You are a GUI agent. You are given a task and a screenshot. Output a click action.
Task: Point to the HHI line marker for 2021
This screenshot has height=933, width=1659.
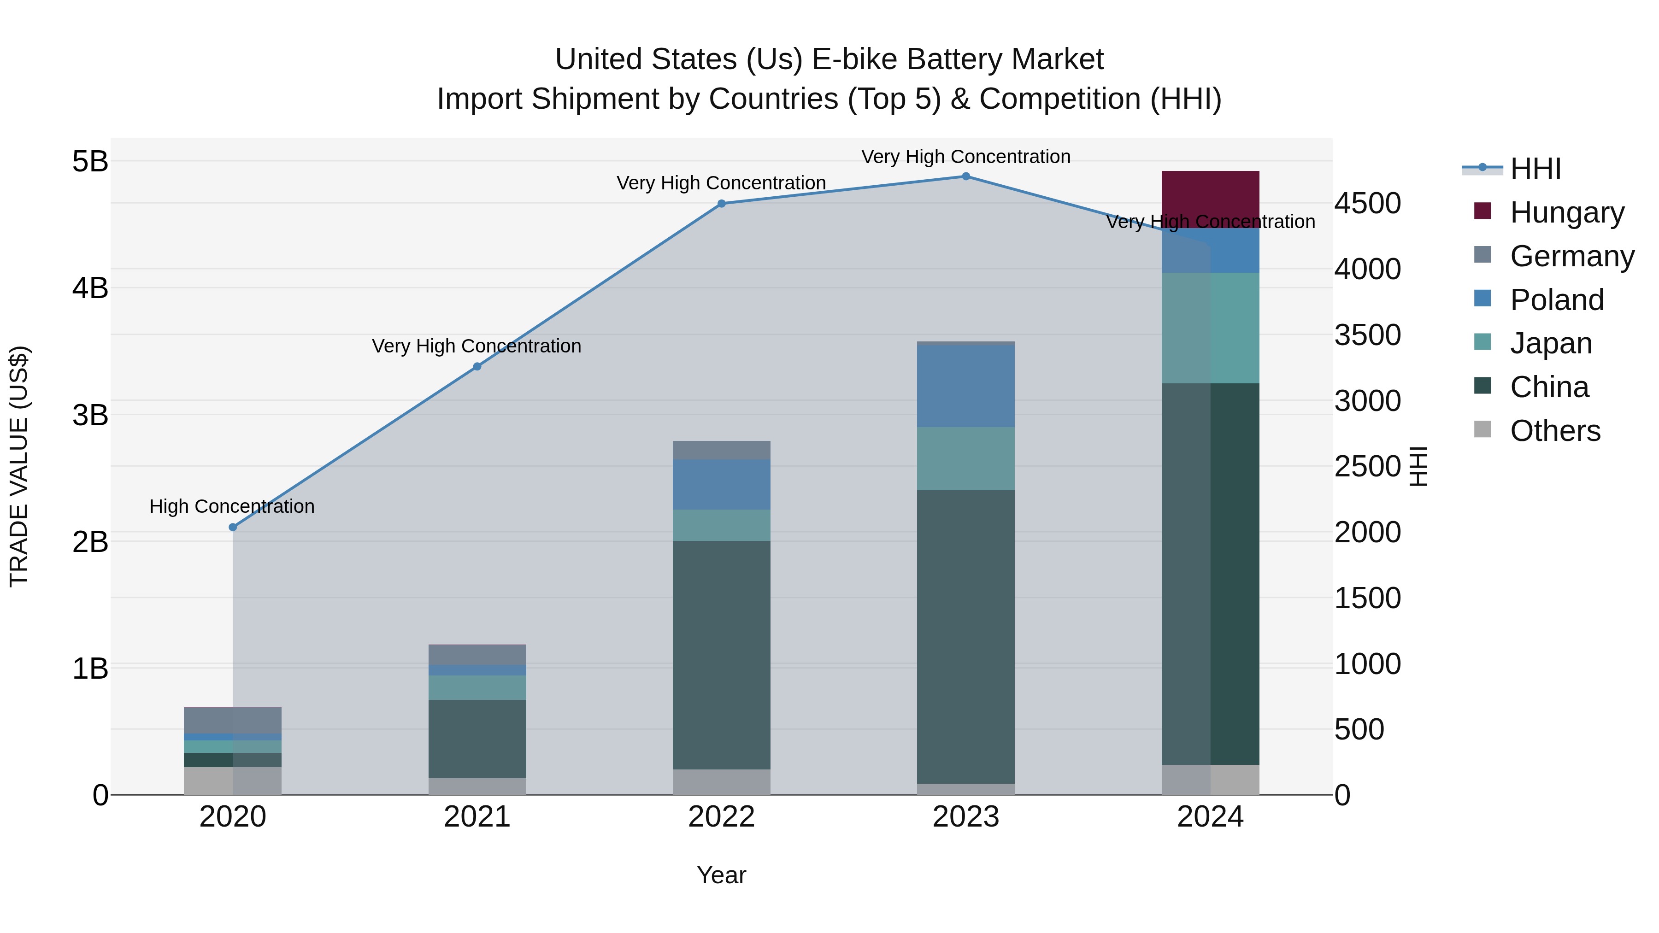[x=477, y=366]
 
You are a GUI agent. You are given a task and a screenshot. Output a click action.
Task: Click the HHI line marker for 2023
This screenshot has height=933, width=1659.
[x=965, y=176]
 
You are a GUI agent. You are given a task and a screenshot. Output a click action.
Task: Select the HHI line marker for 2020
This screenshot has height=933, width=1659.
[x=233, y=527]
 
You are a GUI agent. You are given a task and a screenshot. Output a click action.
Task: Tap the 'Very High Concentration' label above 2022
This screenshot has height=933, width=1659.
[x=721, y=183]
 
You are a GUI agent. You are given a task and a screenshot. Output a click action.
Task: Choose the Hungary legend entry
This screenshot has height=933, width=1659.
[x=1566, y=212]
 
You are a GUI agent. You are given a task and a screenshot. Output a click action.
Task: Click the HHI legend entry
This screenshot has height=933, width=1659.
[x=1535, y=169]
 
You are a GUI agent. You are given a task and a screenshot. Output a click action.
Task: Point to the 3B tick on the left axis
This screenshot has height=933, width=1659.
[x=90, y=415]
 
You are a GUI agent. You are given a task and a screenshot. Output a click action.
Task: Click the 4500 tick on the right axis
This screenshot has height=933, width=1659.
[x=1367, y=204]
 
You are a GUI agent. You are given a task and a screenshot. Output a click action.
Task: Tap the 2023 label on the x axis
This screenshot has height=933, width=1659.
[x=965, y=817]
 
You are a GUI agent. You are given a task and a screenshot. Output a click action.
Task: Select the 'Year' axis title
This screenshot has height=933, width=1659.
[x=721, y=875]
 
